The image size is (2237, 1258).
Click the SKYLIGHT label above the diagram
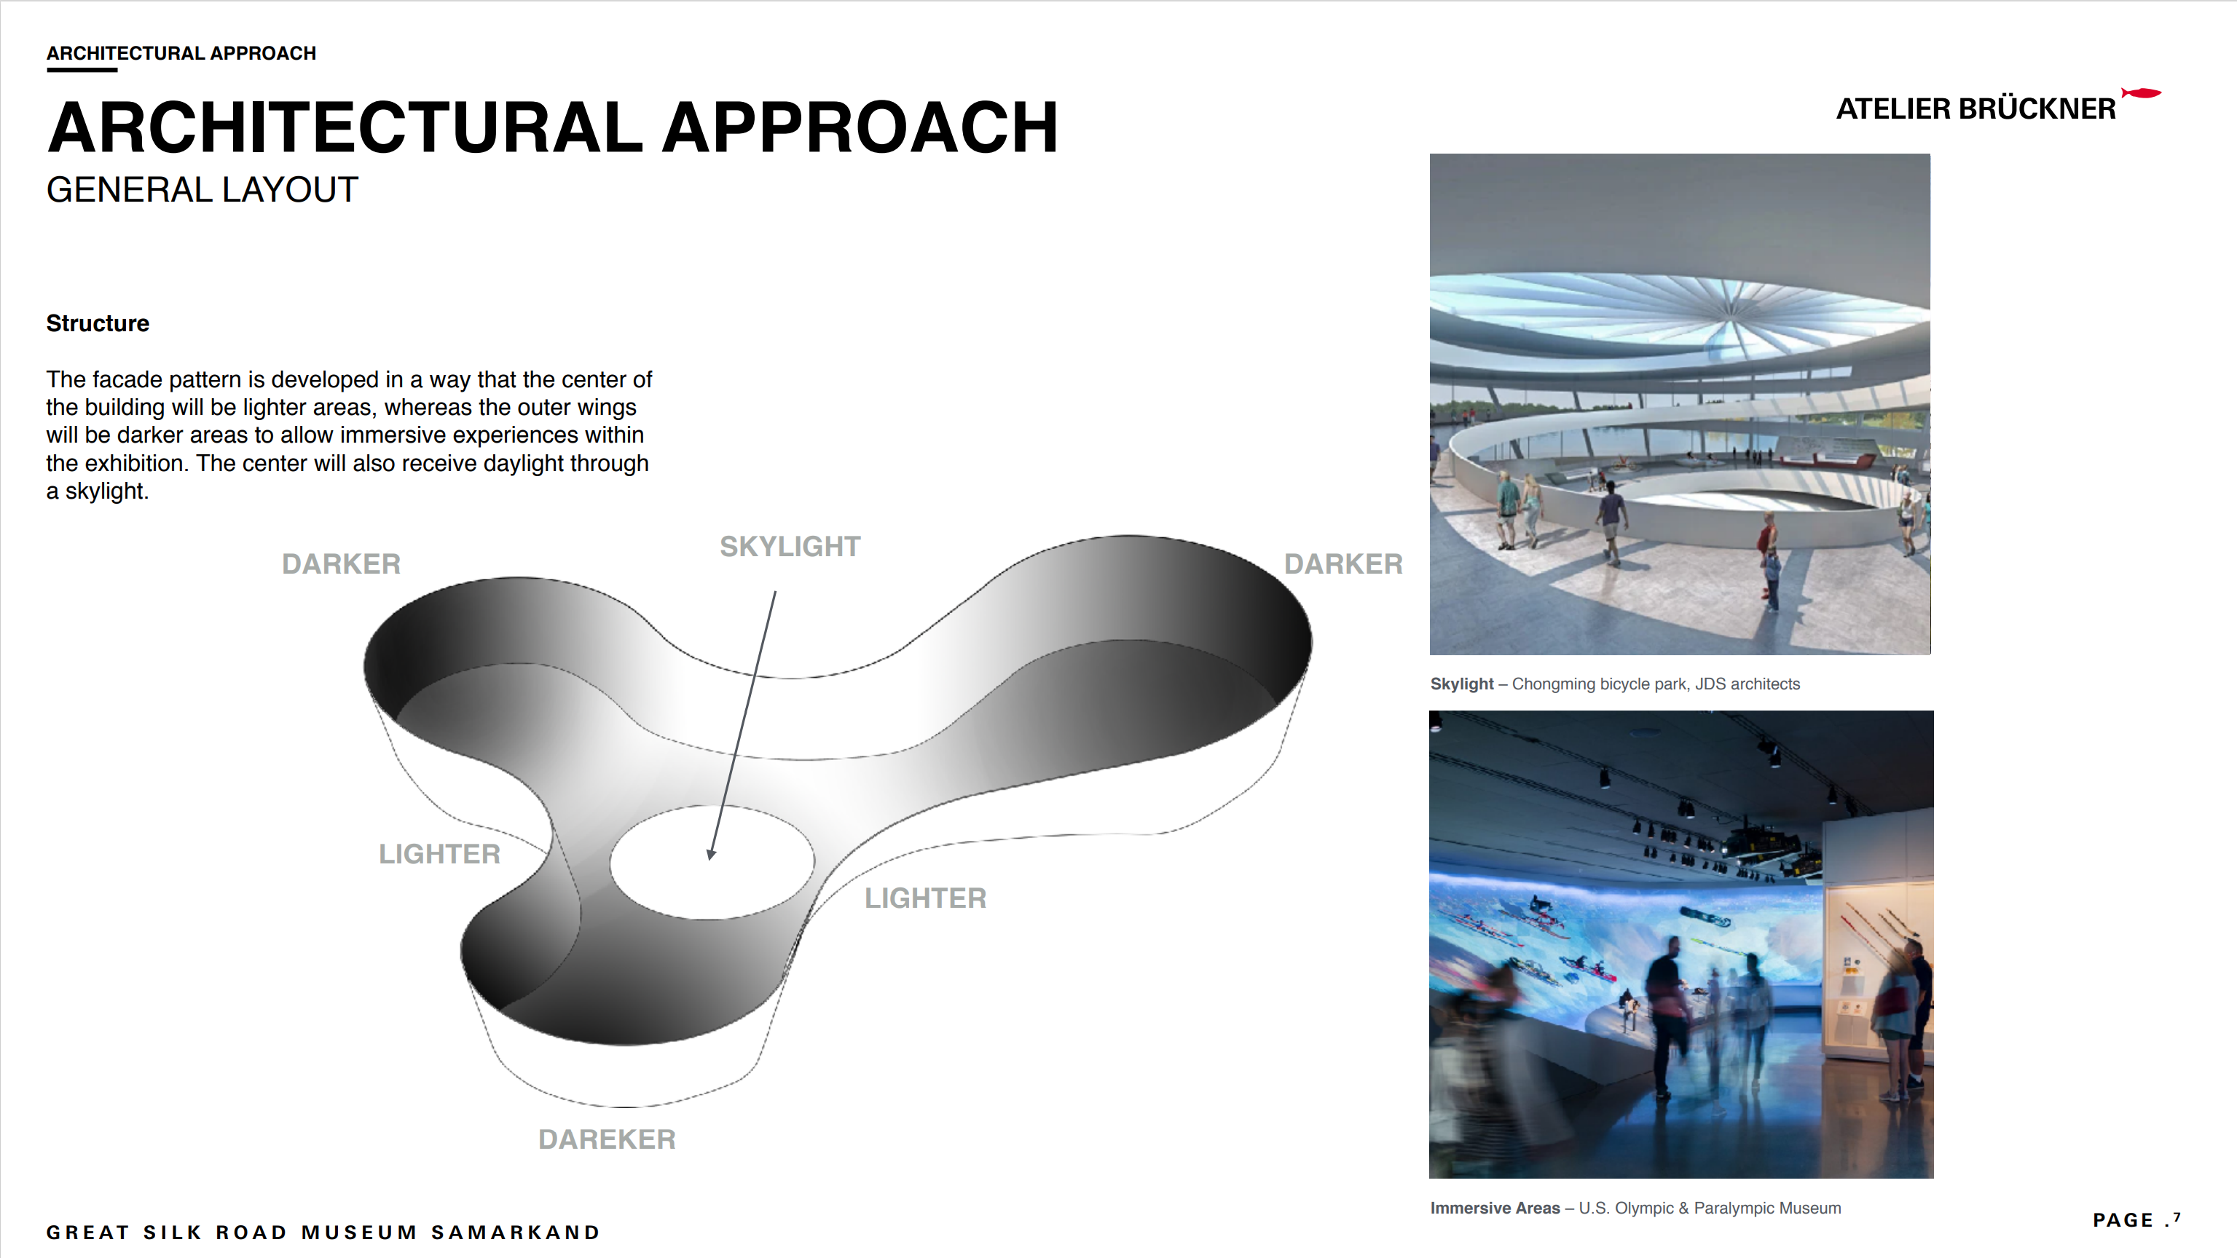[790, 546]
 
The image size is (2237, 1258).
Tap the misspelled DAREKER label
[607, 1139]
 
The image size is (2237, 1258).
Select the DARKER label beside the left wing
[342, 563]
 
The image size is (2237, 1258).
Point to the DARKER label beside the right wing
[1343, 563]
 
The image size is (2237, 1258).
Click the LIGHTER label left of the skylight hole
[439, 853]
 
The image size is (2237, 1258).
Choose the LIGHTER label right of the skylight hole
[926, 898]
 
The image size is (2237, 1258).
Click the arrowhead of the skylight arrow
[711, 854]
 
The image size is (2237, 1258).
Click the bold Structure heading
[98, 323]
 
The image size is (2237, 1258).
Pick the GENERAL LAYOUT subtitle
[202, 189]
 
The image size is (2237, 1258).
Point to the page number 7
[2177, 1217]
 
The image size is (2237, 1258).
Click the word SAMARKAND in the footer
[516, 1232]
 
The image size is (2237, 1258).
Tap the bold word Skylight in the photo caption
[1461, 684]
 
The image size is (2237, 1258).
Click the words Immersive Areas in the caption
[1495, 1208]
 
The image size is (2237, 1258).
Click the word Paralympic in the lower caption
[1732, 1208]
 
